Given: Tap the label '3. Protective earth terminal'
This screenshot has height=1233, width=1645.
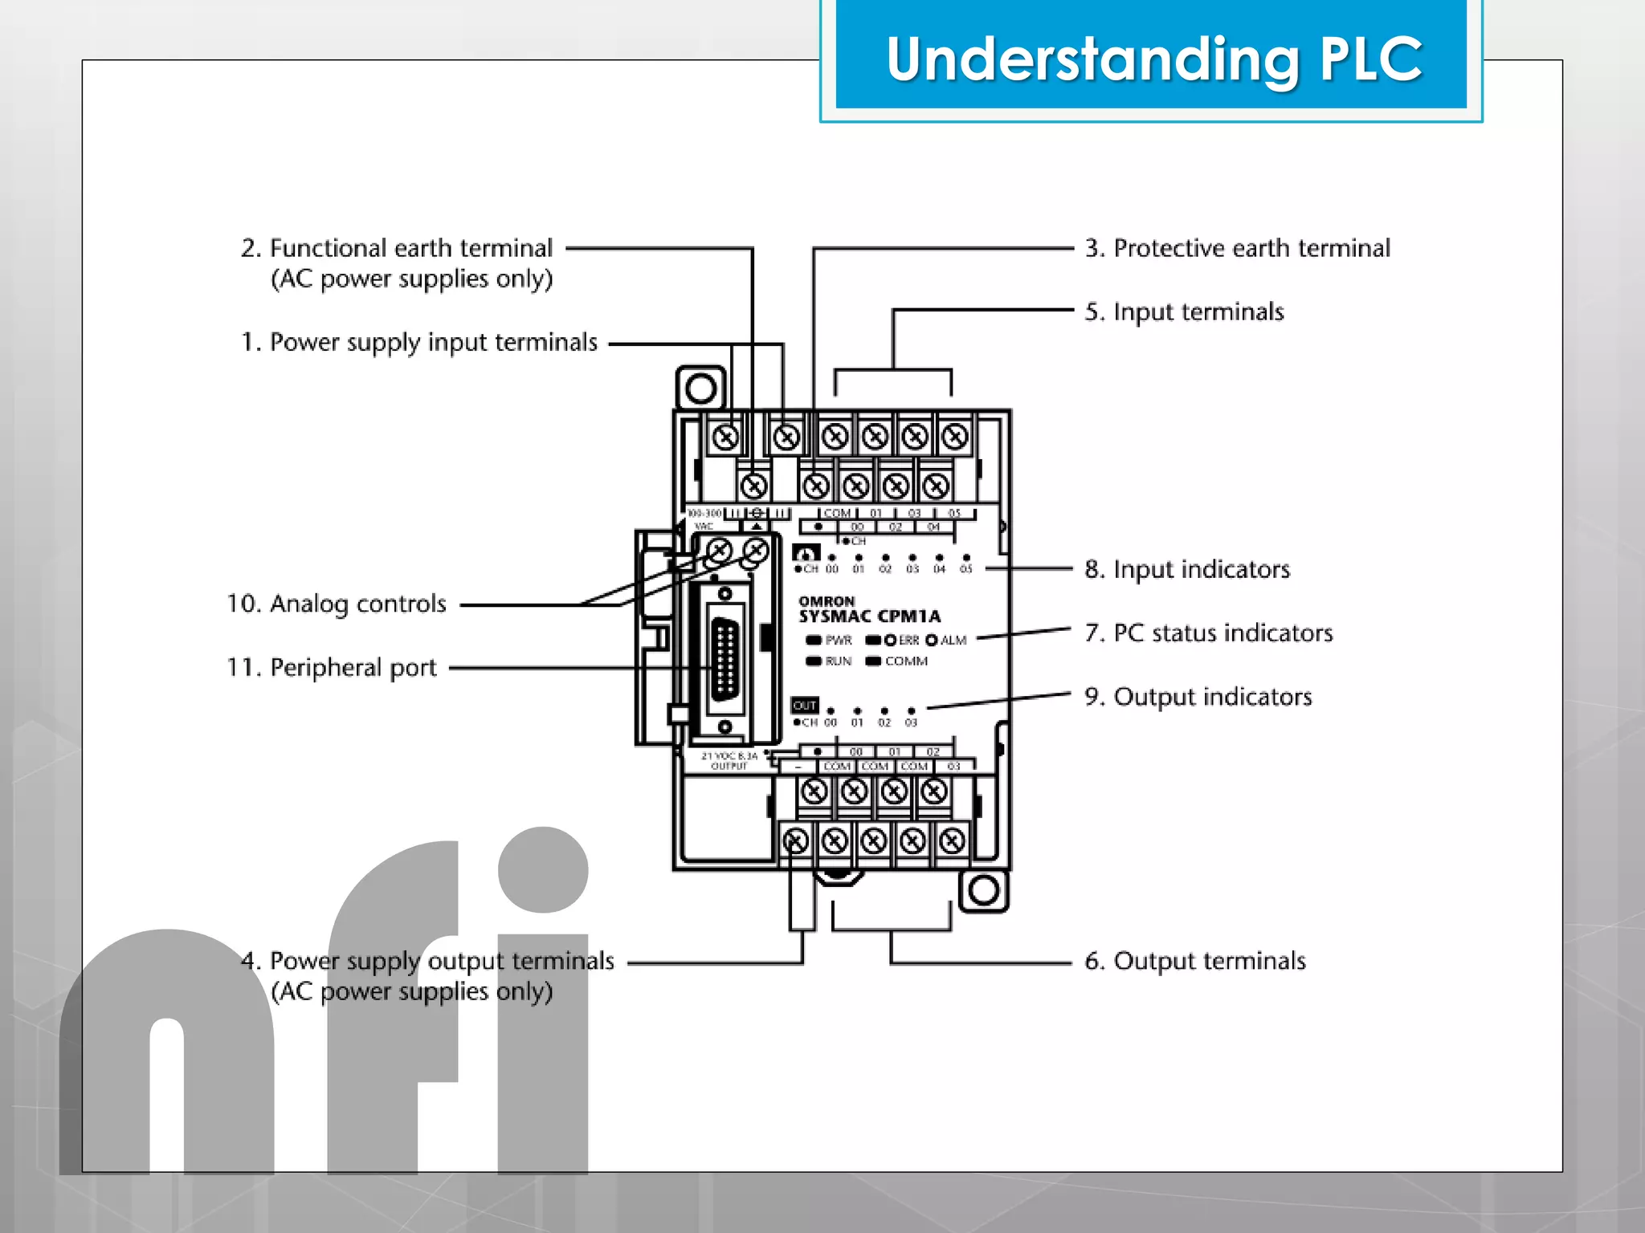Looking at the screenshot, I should click(x=1237, y=248).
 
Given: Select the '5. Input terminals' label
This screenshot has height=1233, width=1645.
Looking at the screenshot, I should click(x=1184, y=311).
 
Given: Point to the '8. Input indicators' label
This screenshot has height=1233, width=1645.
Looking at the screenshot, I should click(x=1186, y=569).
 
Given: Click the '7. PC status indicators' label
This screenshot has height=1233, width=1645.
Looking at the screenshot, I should click(x=1208, y=633).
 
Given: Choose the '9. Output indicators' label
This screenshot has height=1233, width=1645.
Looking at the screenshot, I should click(x=1198, y=697).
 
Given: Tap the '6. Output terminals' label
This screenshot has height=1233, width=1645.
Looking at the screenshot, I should click(x=1194, y=961).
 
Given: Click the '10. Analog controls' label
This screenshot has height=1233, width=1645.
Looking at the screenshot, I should click(x=336, y=604).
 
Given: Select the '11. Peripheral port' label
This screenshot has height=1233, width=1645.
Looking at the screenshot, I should click(x=332, y=667).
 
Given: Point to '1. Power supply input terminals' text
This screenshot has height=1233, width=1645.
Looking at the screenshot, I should click(x=418, y=343).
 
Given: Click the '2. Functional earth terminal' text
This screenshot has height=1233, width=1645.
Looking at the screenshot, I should click(x=397, y=248).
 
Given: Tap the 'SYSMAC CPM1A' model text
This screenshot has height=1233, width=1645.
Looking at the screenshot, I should click(x=869, y=616).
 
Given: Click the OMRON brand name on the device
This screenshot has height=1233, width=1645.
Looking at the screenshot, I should click(x=827, y=600).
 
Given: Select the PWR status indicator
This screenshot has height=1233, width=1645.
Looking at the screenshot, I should click(x=814, y=641).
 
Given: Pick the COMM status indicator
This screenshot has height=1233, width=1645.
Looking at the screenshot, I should click(x=874, y=661).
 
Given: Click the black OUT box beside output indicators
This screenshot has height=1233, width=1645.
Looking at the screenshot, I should click(x=805, y=706).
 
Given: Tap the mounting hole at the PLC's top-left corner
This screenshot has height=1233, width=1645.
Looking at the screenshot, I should click(x=700, y=389).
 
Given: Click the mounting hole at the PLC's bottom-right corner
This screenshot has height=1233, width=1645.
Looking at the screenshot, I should click(x=984, y=890).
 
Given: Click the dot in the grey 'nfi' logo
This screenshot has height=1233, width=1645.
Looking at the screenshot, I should click(x=543, y=870).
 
